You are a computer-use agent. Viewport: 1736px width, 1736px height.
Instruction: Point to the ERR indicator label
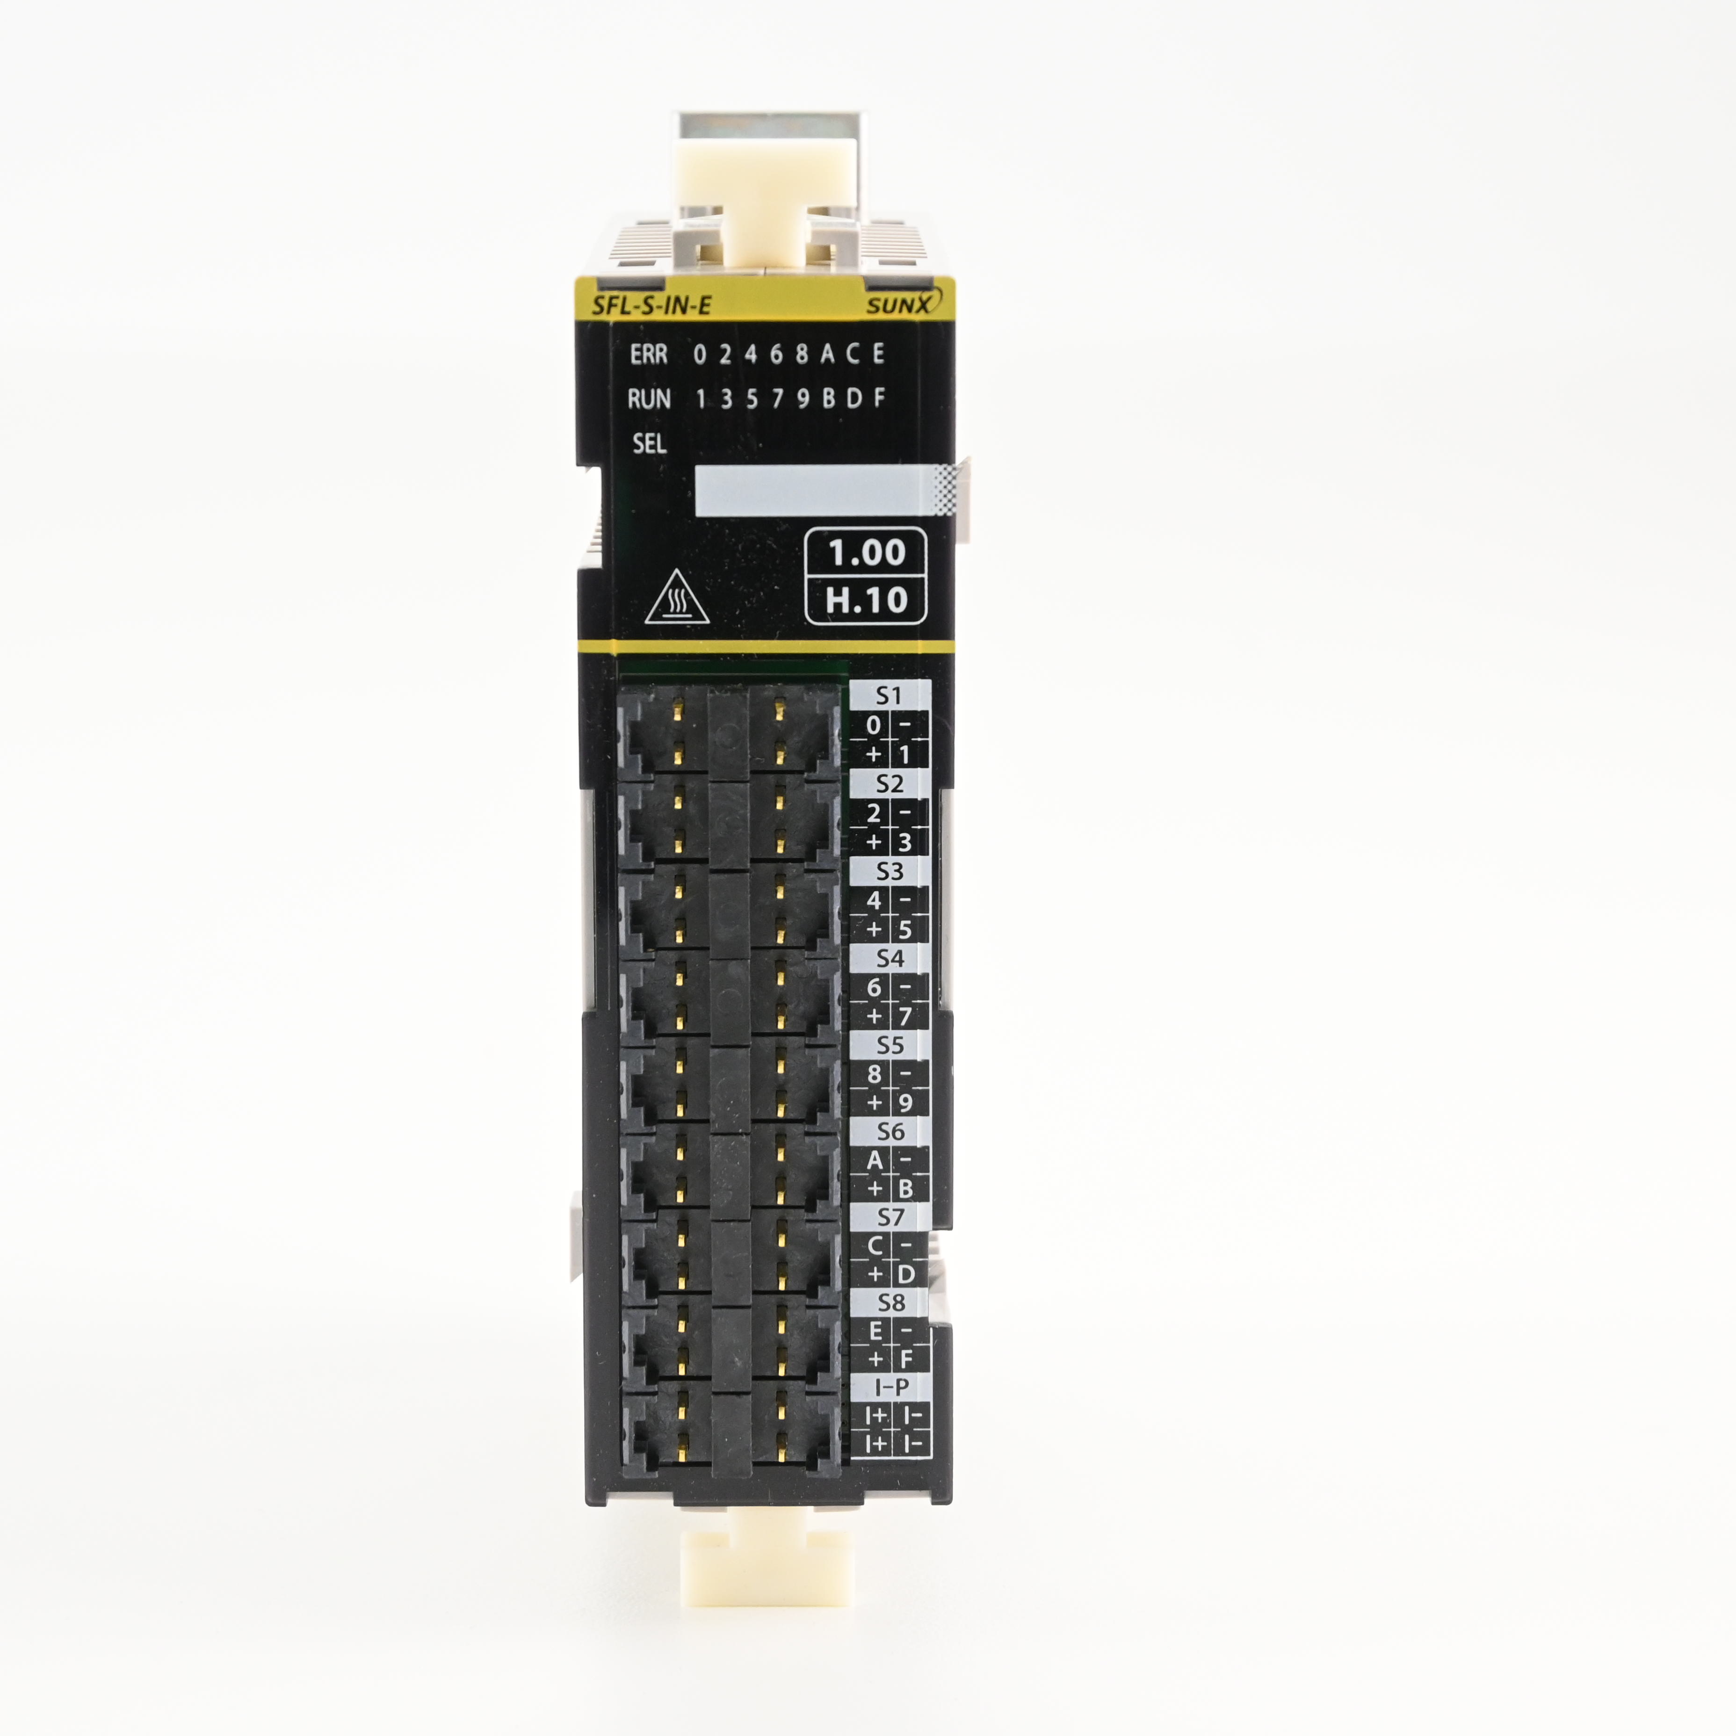click(x=649, y=355)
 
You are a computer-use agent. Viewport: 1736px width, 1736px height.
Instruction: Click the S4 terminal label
click(x=890, y=958)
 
